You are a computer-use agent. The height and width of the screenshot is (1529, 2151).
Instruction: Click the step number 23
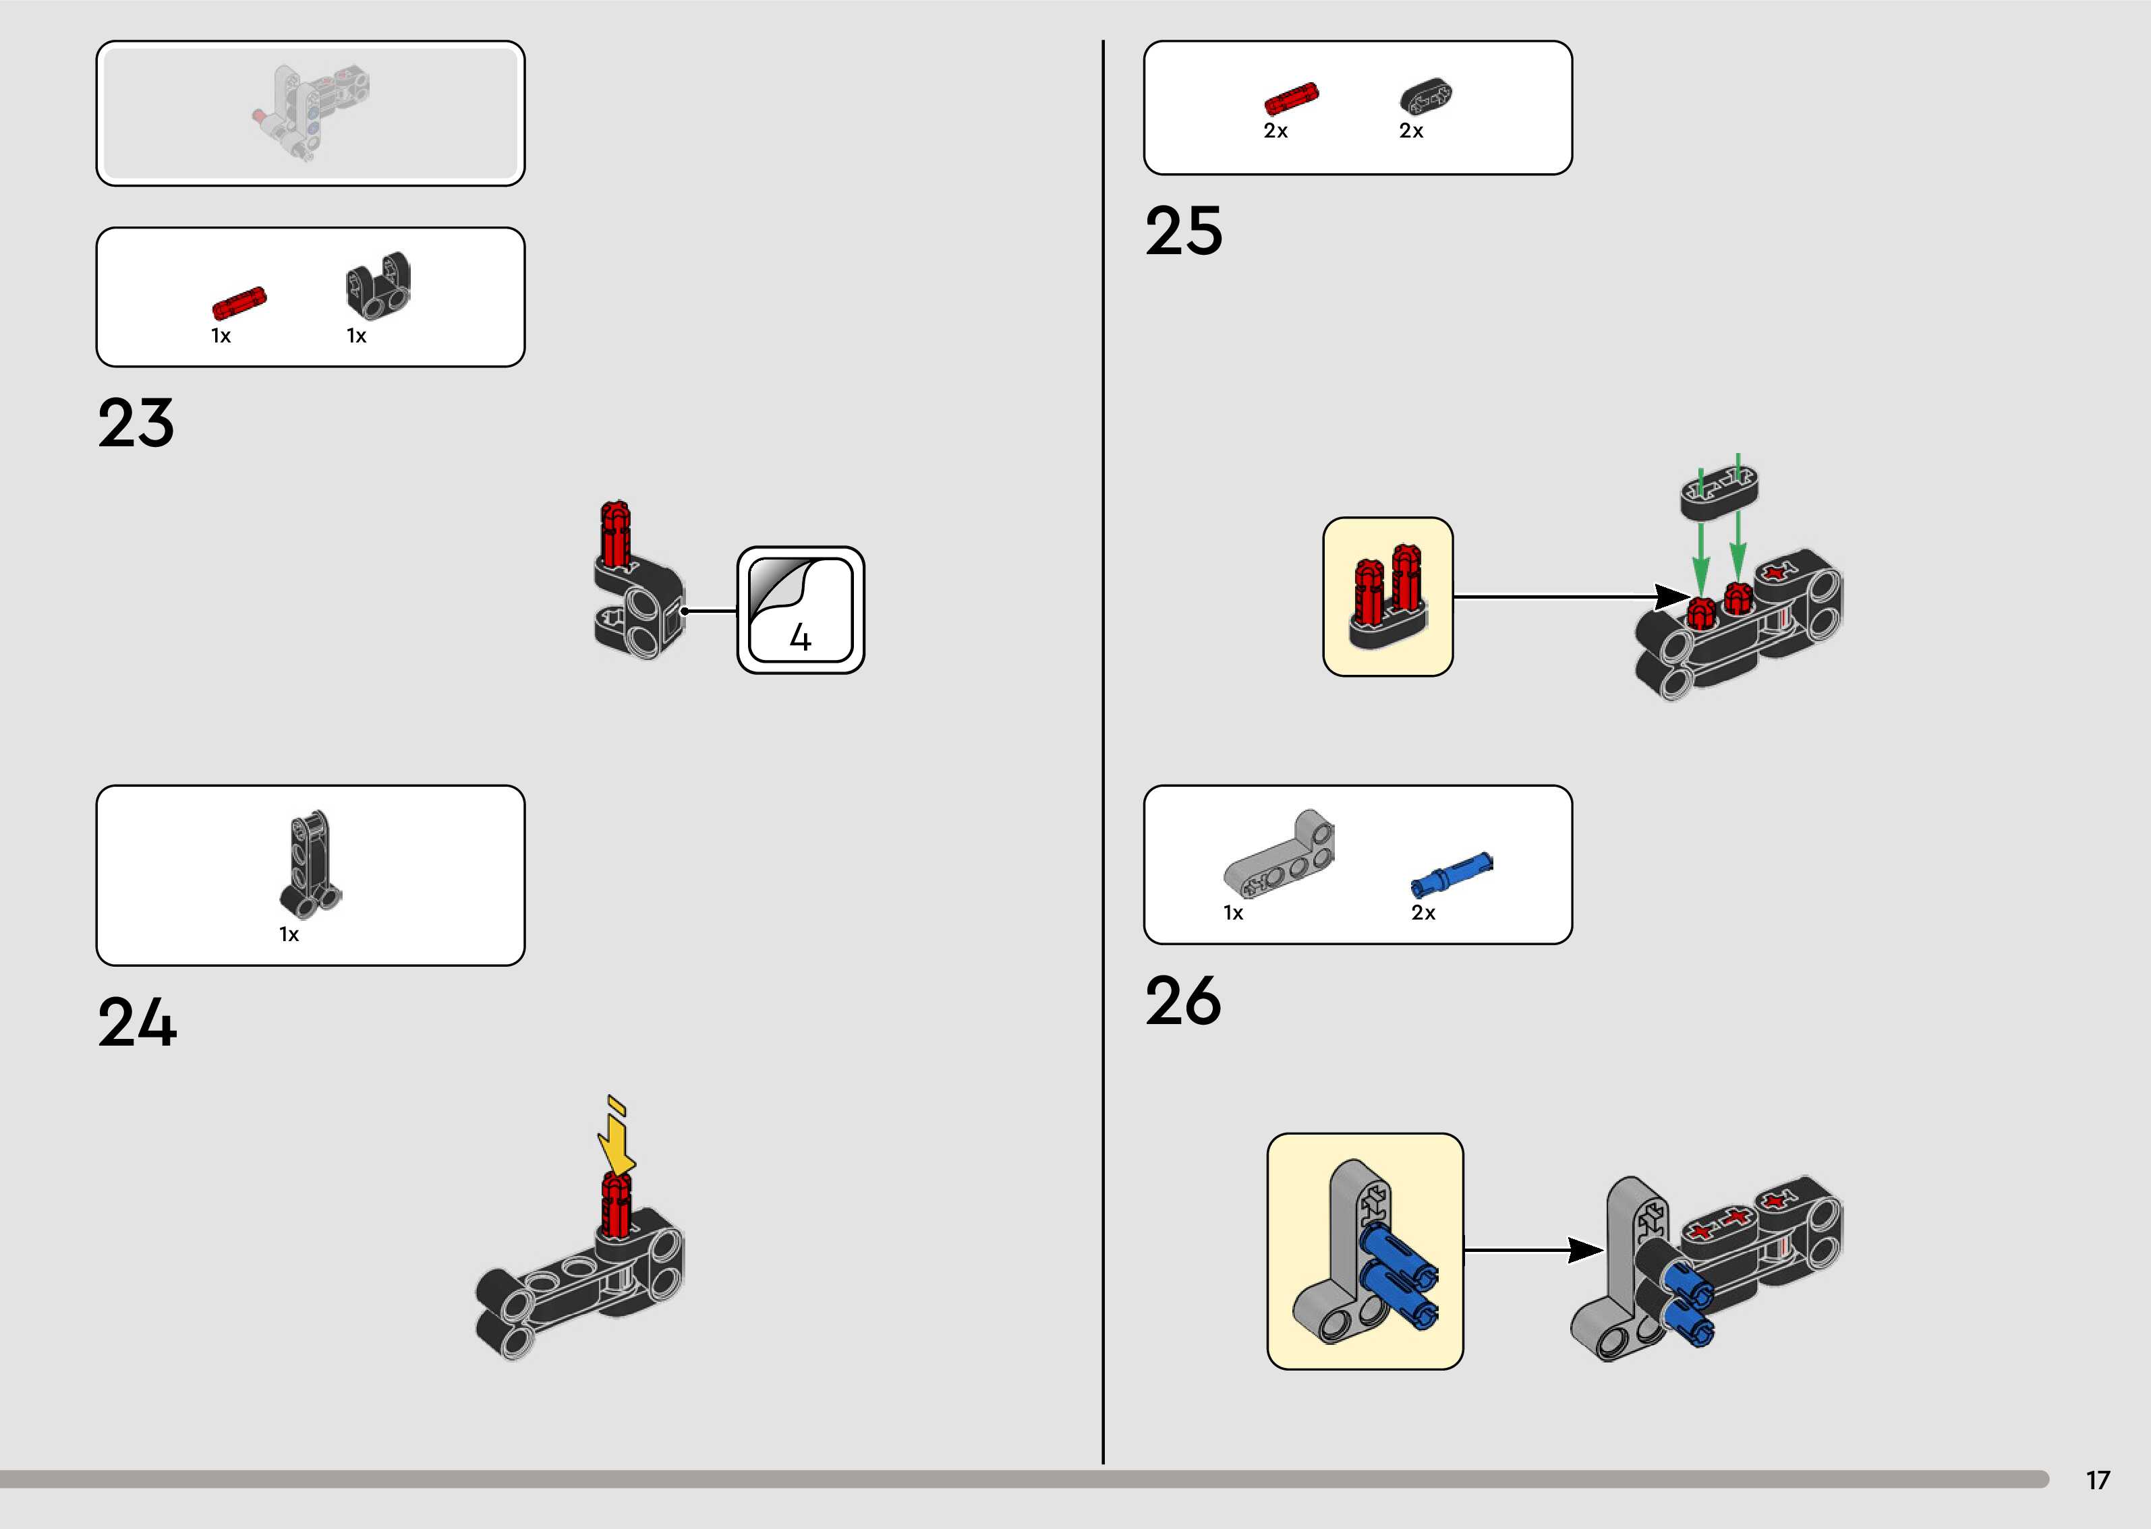[136, 423]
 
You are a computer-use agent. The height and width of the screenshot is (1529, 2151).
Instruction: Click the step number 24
[138, 1023]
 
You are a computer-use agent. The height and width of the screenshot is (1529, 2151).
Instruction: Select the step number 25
[1184, 232]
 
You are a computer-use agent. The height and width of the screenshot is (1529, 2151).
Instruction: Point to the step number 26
[1183, 1001]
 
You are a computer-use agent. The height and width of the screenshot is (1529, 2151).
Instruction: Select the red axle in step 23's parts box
[239, 303]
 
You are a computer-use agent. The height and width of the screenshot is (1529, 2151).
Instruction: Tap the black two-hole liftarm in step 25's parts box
[1426, 96]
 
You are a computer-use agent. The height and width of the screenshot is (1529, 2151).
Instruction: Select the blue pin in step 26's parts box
[1450, 874]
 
